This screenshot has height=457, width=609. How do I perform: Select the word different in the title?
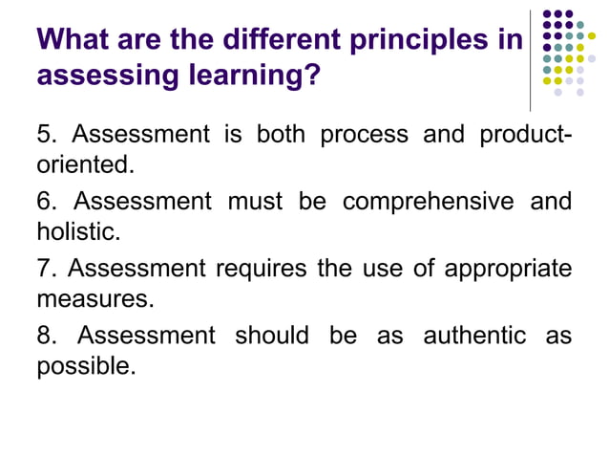pos(283,41)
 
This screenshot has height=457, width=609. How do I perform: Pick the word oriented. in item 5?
pos(84,163)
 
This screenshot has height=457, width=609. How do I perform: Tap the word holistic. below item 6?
pos(80,230)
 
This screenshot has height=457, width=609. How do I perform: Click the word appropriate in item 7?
pos(506,270)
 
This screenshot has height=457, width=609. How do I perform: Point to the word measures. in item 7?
pos(94,297)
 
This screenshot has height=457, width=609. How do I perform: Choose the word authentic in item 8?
pos(474,336)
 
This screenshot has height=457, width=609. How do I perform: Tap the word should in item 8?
pos(272,336)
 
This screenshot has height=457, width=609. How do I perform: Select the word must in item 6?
pos(257,202)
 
